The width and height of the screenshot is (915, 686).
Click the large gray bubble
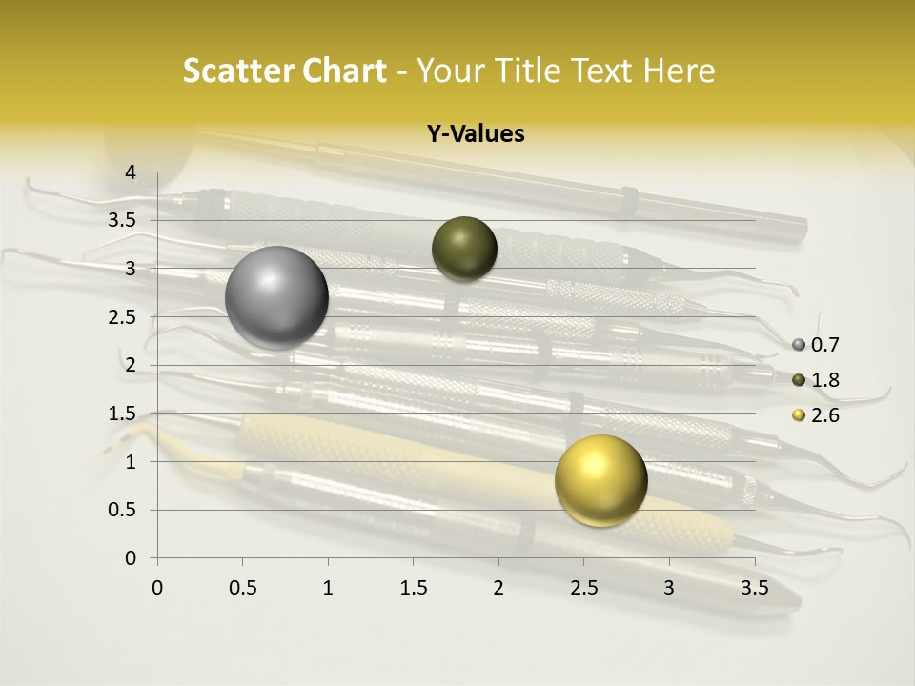tap(277, 297)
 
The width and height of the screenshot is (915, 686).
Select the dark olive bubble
tap(464, 249)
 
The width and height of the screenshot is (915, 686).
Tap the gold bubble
tap(600, 480)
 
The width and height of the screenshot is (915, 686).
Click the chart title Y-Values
tap(476, 134)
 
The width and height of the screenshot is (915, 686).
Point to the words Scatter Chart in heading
tap(284, 71)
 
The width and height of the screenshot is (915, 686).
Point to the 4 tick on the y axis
tap(131, 172)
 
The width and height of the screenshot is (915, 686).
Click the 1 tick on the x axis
tap(328, 588)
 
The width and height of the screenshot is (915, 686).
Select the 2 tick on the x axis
tap(498, 588)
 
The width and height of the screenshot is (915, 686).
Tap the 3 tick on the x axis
tap(669, 588)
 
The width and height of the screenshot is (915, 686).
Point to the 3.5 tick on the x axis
tap(754, 588)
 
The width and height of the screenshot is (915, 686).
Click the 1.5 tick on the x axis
tap(413, 588)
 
